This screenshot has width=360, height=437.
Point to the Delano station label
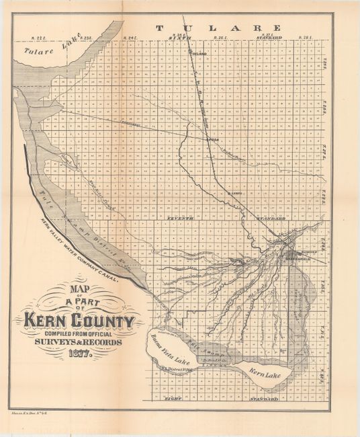pos(199,52)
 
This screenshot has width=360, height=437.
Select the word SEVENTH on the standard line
pos(181,218)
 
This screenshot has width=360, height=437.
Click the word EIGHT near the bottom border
pos(174,399)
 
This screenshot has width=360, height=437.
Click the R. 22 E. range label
pos(42,38)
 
